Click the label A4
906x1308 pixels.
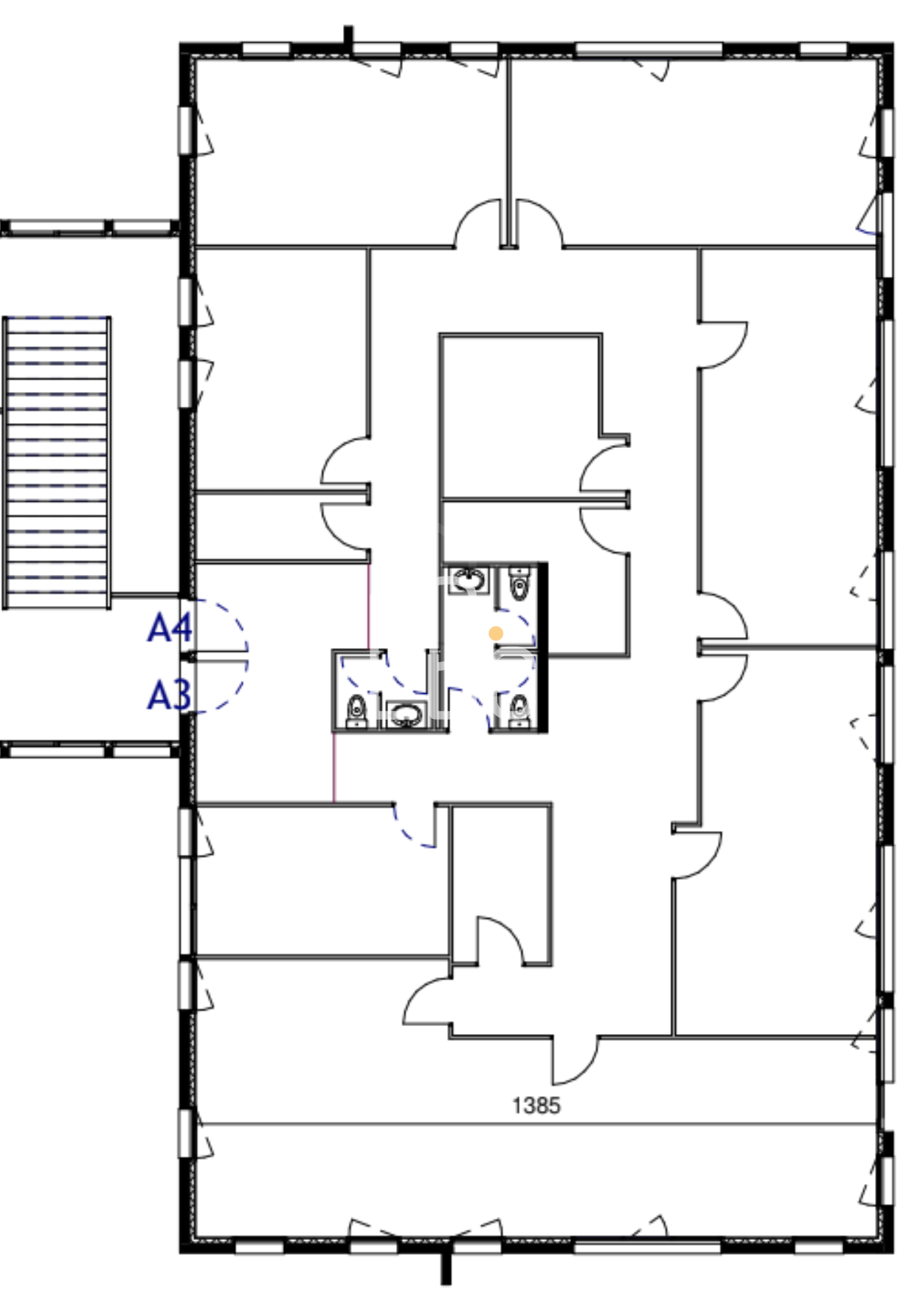click(170, 628)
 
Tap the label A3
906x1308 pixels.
click(170, 695)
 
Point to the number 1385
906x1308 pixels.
click(536, 1105)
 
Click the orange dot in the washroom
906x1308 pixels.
click(496, 633)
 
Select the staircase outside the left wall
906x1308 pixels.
click(57, 463)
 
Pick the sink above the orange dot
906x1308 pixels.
click(468, 579)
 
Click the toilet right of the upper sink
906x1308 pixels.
click(520, 583)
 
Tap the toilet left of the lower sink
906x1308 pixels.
click(357, 709)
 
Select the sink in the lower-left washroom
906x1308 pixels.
click(405, 714)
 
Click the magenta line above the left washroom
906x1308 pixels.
click(369, 607)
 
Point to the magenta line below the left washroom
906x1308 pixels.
click(334, 767)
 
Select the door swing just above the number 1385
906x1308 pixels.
click(575, 1061)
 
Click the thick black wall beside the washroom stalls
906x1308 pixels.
click(543, 647)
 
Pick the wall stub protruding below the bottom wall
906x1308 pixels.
click(446, 1268)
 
